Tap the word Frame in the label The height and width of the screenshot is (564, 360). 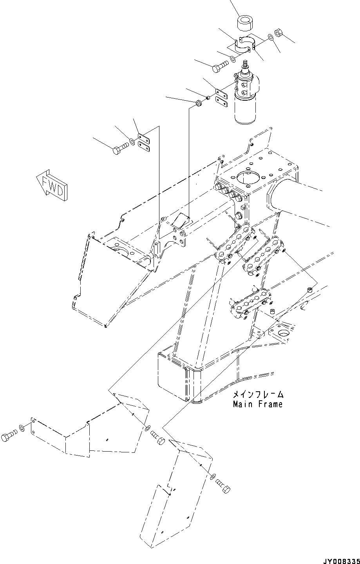(x=270, y=404)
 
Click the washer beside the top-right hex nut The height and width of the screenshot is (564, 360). (x=270, y=38)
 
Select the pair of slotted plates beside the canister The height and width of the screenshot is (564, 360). (x=222, y=99)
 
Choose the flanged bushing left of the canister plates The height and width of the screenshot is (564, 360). (x=199, y=103)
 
